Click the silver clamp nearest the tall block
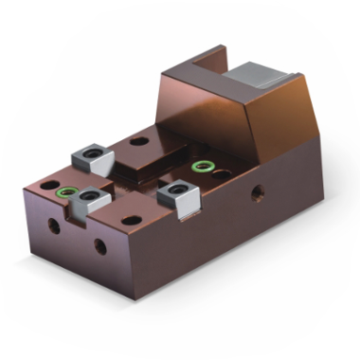click(x=177, y=195)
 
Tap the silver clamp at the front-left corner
click(x=92, y=197)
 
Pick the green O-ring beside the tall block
click(x=201, y=168)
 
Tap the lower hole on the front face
click(x=99, y=248)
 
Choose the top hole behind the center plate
click(x=139, y=141)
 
